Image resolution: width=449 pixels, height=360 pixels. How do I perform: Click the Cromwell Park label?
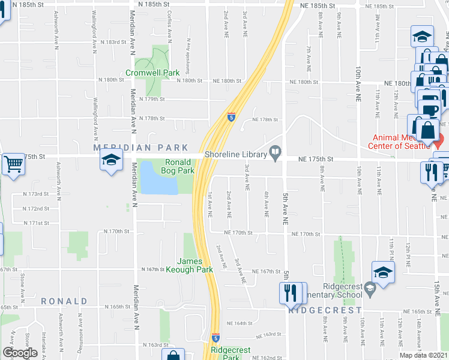tap(152, 73)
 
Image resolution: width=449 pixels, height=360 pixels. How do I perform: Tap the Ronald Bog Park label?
tap(178, 166)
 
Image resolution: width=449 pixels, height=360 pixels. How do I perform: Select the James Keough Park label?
tap(195, 265)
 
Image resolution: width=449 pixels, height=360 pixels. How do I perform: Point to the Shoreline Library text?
tap(235, 155)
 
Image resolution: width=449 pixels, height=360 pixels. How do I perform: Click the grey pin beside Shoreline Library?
tap(276, 154)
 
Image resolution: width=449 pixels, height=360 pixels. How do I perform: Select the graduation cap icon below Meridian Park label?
tap(110, 161)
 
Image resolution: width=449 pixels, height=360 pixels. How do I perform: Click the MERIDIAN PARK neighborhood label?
tap(140, 148)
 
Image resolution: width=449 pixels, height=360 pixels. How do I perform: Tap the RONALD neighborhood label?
tap(64, 301)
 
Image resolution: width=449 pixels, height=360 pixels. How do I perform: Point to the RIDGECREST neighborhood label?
tap(325, 310)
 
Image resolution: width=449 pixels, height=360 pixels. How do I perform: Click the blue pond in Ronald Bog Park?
tap(158, 178)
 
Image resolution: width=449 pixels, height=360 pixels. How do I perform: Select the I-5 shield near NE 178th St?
tap(231, 116)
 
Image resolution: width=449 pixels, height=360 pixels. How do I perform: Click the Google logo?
tap(20, 353)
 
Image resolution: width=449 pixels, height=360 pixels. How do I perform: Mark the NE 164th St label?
tap(241, 323)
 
